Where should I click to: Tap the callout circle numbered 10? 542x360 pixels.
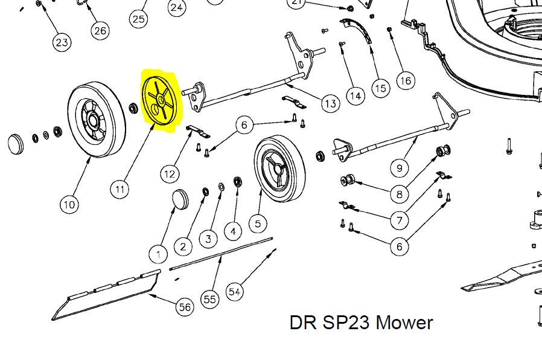[x=69, y=204]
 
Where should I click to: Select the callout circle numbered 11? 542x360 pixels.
[x=120, y=189]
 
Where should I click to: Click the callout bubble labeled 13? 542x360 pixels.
[x=330, y=104]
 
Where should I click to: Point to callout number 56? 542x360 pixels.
[x=185, y=307]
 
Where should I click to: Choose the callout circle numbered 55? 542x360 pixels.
[x=209, y=299]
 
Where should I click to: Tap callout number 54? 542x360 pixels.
[x=235, y=292]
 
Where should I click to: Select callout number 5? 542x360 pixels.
[x=258, y=223]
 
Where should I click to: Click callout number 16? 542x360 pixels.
[x=405, y=80]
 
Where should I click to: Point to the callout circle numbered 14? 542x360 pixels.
[x=355, y=95]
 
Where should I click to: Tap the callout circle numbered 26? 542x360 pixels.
[x=100, y=30]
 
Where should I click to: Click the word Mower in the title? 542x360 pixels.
[x=404, y=323]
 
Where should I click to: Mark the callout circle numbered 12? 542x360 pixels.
[x=170, y=174]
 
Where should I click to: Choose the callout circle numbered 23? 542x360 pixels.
[x=62, y=42]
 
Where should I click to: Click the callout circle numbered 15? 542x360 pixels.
[x=380, y=88]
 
